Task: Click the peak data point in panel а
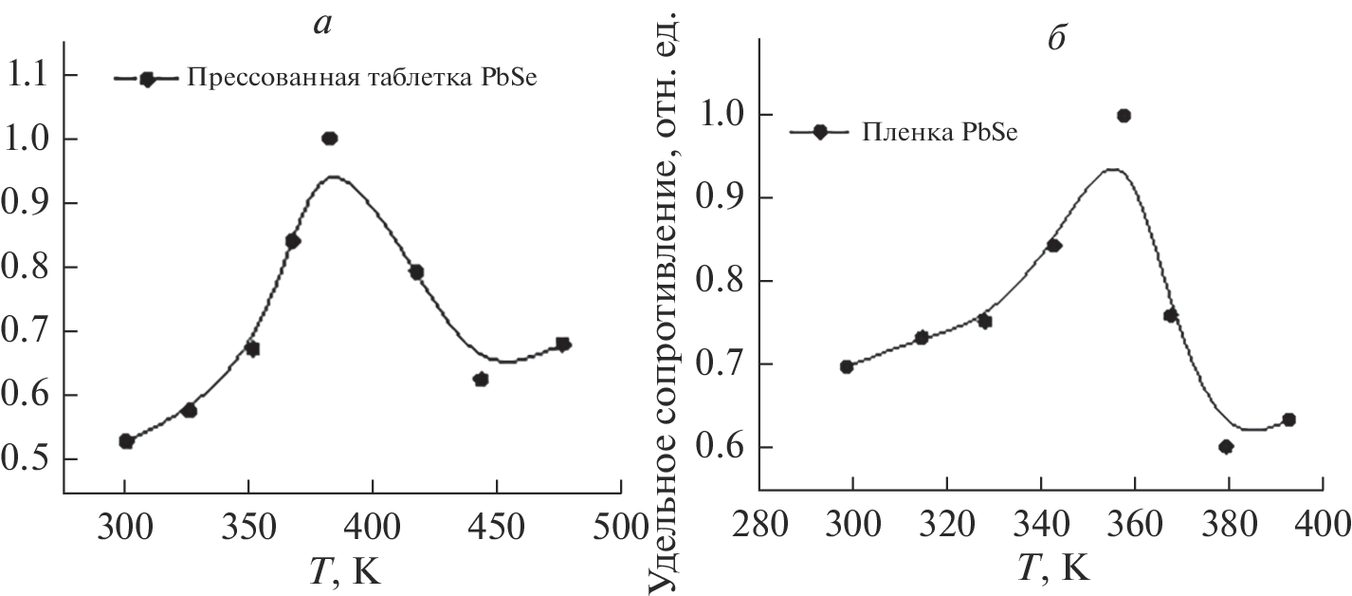click(x=330, y=139)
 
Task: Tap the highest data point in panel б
click(x=1124, y=116)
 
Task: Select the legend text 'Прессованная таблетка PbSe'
click(x=362, y=79)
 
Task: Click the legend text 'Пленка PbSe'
click(x=939, y=132)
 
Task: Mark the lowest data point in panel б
click(x=1226, y=447)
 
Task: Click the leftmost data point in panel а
click(x=126, y=441)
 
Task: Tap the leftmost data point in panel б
click(x=847, y=366)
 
